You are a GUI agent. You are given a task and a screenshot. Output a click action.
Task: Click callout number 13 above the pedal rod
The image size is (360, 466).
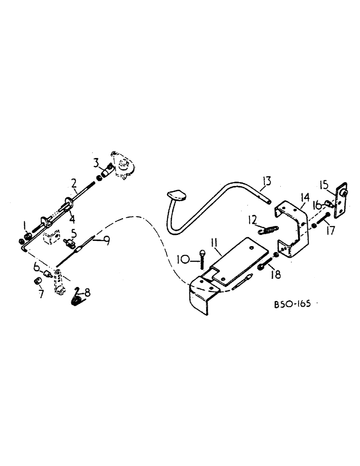tap(266, 181)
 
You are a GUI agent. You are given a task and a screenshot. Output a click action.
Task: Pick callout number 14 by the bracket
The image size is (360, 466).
tap(305, 199)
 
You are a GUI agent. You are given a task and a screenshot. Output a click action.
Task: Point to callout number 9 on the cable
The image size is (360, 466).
tap(107, 240)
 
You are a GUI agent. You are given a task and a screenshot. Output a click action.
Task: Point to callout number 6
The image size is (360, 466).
tap(36, 267)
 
